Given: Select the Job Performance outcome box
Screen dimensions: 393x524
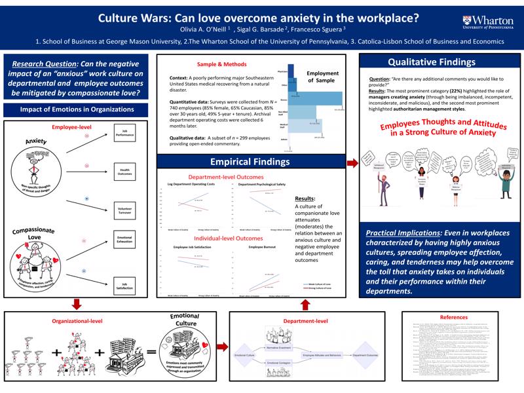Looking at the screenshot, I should point(124,132).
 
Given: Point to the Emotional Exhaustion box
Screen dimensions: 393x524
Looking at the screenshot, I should point(124,240).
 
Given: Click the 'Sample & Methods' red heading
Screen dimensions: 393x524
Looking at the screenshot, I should point(222,64).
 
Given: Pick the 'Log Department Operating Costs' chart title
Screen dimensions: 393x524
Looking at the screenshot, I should point(190,185).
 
